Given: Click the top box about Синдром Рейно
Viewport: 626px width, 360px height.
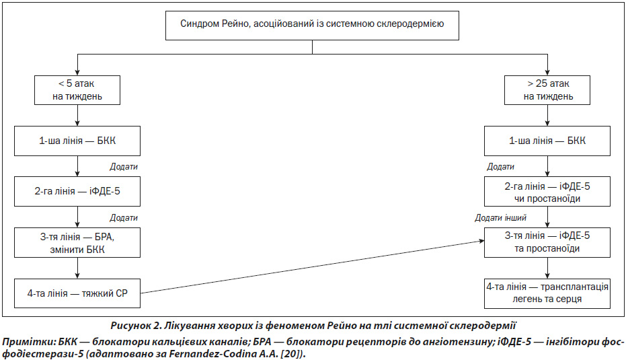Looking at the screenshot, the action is (312, 25).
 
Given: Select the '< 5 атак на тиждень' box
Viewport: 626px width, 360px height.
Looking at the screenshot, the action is (77, 90).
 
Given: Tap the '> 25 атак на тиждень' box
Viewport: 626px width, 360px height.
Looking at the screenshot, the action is (547, 90).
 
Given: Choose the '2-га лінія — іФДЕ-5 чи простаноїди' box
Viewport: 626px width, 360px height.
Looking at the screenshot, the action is (547, 191).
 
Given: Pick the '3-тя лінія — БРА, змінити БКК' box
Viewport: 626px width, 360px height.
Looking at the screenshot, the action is (77, 242).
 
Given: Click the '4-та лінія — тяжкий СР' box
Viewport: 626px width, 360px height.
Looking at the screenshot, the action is (77, 293).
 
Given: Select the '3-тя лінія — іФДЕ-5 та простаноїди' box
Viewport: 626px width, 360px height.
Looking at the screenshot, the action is (547, 242).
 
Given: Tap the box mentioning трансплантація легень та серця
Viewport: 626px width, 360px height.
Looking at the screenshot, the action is (547, 293).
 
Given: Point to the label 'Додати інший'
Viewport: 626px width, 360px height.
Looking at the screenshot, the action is (500, 218).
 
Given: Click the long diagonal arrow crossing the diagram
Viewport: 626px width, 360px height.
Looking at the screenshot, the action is (313, 267).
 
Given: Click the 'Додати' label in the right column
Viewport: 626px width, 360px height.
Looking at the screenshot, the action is (500, 167).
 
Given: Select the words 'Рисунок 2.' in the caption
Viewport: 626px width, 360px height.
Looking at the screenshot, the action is (135, 326).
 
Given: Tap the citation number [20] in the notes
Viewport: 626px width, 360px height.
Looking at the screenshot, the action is (289, 354).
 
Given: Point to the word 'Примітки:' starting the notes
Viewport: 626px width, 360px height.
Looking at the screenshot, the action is (29, 343).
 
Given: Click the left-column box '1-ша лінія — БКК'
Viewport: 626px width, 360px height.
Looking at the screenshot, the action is (77, 141).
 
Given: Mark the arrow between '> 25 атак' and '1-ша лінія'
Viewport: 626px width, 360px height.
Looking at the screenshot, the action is (547, 116).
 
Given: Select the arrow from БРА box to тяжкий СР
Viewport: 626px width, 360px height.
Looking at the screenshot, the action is (77, 268).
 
